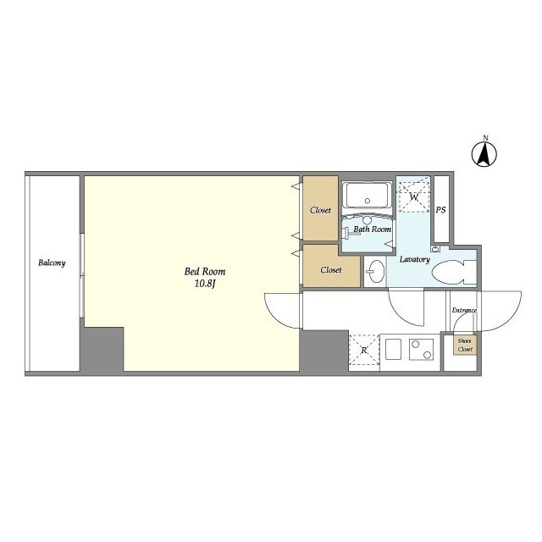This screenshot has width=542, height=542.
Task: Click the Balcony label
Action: [52, 263]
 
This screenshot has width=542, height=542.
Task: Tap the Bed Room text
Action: [205, 272]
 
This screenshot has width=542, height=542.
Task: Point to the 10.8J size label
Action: [205, 285]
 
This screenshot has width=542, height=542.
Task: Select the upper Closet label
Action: [320, 210]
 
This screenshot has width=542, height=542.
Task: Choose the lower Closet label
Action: [331, 270]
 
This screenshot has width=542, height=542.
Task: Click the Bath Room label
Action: [373, 230]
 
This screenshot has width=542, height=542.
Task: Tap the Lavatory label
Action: [414, 260]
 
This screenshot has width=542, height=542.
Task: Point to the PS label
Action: [440, 210]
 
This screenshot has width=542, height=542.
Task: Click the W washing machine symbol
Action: [414, 197]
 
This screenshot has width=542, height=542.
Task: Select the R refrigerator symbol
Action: [364, 350]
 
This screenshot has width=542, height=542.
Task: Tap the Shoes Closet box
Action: [465, 345]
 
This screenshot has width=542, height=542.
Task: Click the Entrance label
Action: [464, 311]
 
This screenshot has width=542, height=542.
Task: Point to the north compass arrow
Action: [484, 154]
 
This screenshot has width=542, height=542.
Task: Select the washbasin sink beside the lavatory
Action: [375, 271]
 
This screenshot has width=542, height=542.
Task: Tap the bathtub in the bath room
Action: [367, 196]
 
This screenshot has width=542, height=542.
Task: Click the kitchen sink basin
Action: [394, 350]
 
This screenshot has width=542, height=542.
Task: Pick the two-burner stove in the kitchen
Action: [422, 350]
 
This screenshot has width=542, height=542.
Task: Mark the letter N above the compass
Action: [485, 138]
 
